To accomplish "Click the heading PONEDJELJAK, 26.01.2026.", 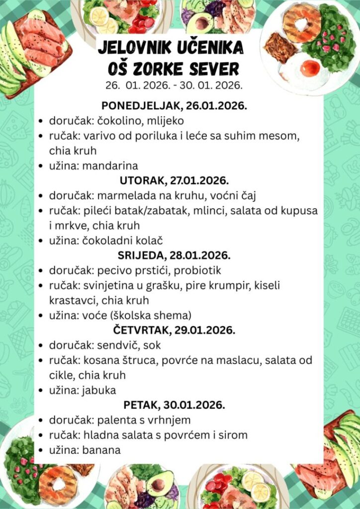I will click(174, 105).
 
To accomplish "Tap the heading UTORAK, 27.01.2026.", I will click(174, 180).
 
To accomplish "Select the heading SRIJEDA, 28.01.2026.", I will click(174, 255).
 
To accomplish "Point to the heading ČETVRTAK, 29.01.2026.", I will click(174, 330).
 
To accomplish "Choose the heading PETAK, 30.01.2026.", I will click(174, 405).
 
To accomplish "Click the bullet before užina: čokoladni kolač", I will click(41, 241).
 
